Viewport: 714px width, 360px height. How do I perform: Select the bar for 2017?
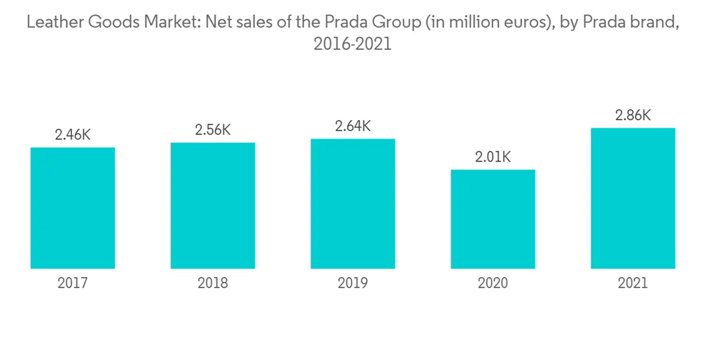point(73,208)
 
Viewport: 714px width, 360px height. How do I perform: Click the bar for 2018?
point(213,206)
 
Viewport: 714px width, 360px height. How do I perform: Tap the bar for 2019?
point(353,204)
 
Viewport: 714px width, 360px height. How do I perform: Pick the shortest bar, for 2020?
point(493,219)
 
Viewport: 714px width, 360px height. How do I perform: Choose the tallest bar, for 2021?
point(633,199)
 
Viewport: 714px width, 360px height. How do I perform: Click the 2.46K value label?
point(73,135)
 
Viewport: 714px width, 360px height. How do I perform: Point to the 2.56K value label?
point(213,130)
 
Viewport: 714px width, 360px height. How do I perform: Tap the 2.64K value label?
point(353,126)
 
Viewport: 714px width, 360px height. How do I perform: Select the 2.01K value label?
point(493,157)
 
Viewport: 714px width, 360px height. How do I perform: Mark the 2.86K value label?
point(633,116)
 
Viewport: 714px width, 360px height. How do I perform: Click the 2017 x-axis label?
point(73,284)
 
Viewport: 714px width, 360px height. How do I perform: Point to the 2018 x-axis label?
point(213,284)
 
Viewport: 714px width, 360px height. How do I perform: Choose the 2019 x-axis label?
point(353,284)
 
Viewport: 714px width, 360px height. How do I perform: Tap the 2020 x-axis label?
point(493,284)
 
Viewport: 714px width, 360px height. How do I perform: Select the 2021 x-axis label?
point(633,284)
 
